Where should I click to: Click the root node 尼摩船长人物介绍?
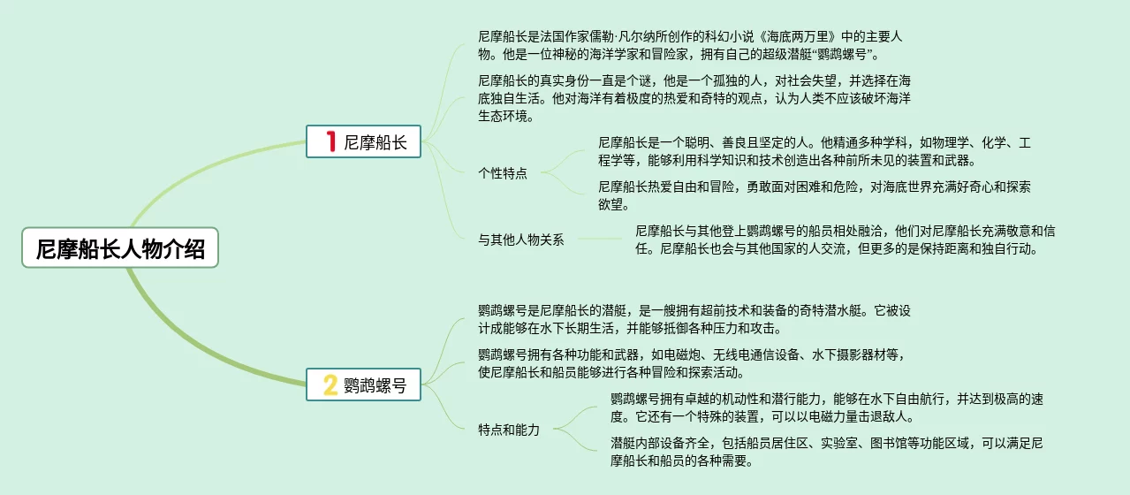pyautogui.click(x=120, y=248)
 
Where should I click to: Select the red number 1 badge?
pyautogui.click(x=330, y=141)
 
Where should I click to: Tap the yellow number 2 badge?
pyautogui.click(x=330, y=385)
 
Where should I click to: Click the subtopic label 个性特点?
pyautogui.click(x=503, y=173)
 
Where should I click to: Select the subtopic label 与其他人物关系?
pyautogui.click(x=521, y=240)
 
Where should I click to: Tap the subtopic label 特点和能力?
pyautogui.click(x=509, y=430)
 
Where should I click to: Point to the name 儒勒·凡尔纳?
pyautogui.click(x=611, y=37)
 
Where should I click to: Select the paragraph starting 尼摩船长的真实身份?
pyautogui.click(x=688, y=97)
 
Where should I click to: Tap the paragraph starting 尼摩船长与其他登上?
pyautogui.click(x=845, y=240)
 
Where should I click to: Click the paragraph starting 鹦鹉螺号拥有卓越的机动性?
pyautogui.click(x=826, y=407)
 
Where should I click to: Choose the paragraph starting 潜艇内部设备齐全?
pyautogui.click(x=826, y=451)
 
